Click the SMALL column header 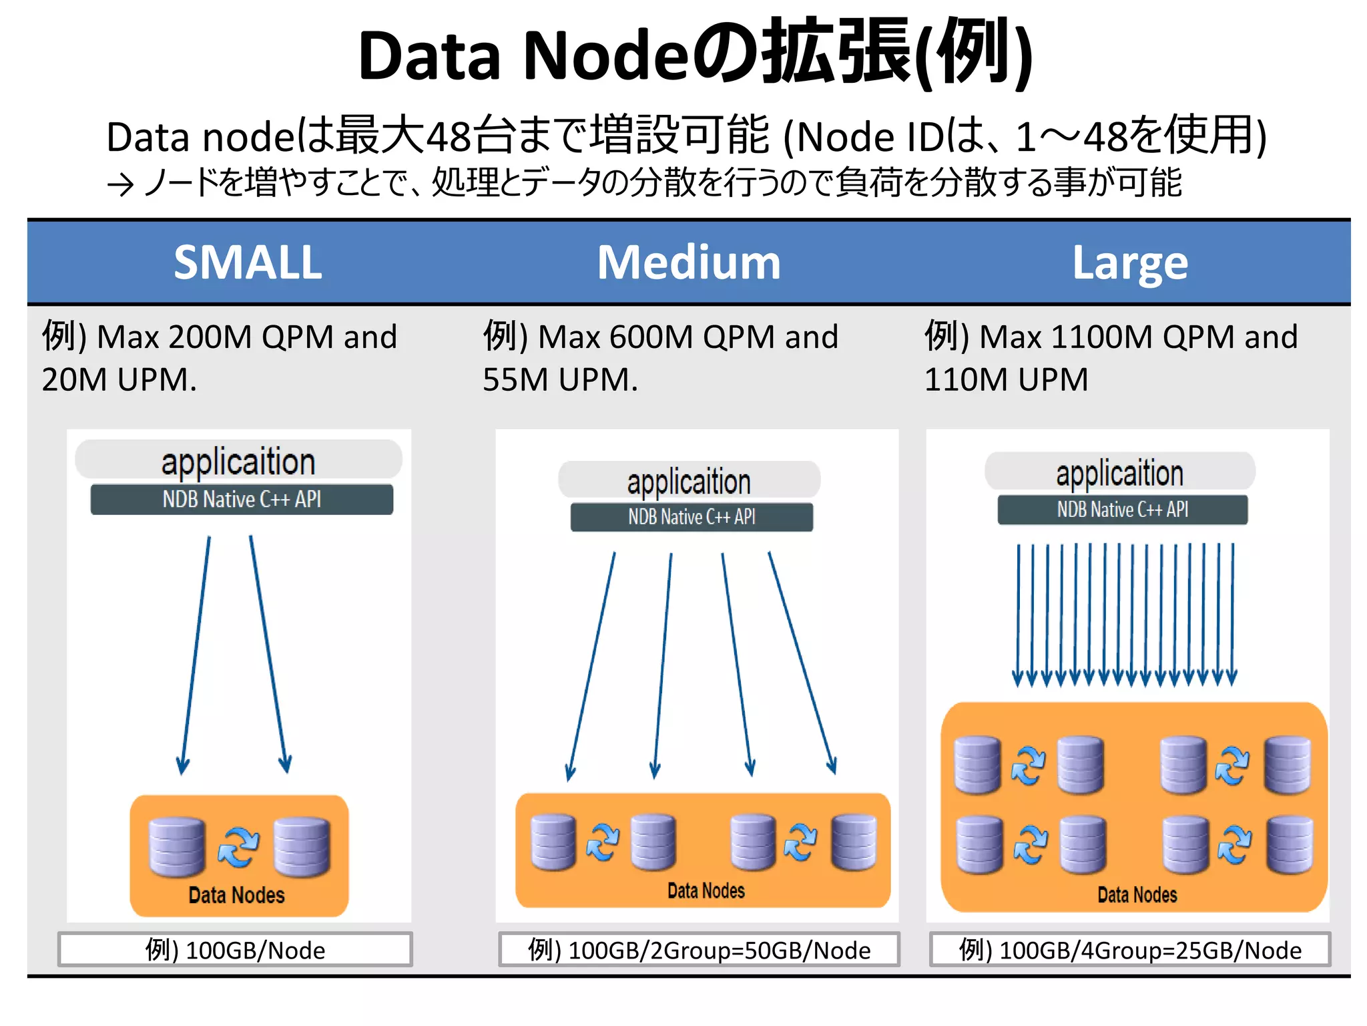(x=248, y=262)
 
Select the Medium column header (x=689, y=262)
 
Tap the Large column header (x=1130, y=263)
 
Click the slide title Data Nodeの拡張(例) (x=694, y=55)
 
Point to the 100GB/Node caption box (x=235, y=949)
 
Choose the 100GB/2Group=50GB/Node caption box (x=699, y=949)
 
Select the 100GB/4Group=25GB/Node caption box (x=1130, y=949)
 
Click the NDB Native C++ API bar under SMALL (x=242, y=499)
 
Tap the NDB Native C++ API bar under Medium (x=692, y=517)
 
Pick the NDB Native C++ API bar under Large (x=1122, y=510)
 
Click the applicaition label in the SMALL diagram (x=238, y=462)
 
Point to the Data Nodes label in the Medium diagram (x=706, y=890)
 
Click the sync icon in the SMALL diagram (x=238, y=847)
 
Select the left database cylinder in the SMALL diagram (x=177, y=846)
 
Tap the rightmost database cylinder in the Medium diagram (x=854, y=842)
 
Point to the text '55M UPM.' (x=560, y=379)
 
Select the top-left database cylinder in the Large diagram (x=977, y=765)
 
